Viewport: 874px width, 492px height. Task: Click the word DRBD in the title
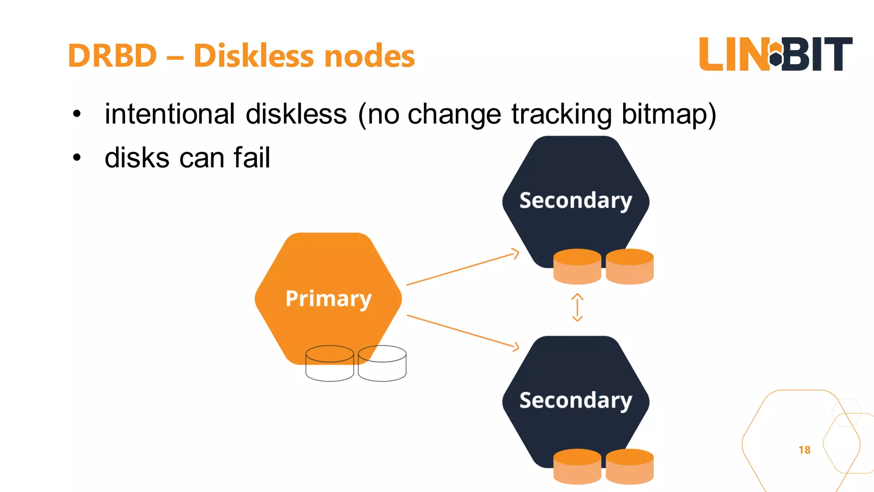pyautogui.click(x=113, y=56)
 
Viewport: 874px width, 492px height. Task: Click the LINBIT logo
pyautogui.click(x=775, y=54)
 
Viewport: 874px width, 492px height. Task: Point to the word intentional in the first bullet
pyautogui.click(x=170, y=114)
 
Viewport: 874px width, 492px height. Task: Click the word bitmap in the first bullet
pyautogui.click(x=668, y=114)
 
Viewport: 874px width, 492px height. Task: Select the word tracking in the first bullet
pyautogui.click(x=561, y=114)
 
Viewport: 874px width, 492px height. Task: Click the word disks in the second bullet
pyautogui.click(x=137, y=158)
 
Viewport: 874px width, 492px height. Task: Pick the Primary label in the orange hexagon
pyautogui.click(x=328, y=298)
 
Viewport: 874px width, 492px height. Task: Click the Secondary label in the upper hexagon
pyautogui.click(x=575, y=200)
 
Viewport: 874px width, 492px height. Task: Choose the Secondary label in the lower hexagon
pyautogui.click(x=575, y=400)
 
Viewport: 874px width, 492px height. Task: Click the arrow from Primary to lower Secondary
pyautogui.click(x=463, y=331)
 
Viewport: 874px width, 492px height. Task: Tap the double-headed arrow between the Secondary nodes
pyautogui.click(x=577, y=307)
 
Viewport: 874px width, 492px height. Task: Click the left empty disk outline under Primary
pyautogui.click(x=329, y=363)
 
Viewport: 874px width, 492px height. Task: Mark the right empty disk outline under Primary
pyautogui.click(x=382, y=363)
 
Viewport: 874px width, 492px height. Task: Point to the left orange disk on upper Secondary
pyautogui.click(x=577, y=266)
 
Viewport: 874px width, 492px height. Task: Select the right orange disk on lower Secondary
pyautogui.click(x=629, y=466)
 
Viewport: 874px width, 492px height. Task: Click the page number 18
pyautogui.click(x=804, y=450)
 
